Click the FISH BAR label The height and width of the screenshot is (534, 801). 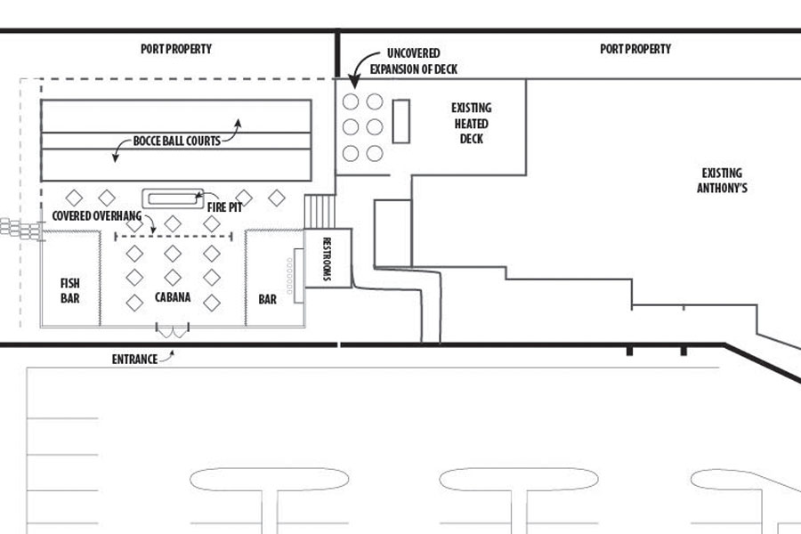click(70, 291)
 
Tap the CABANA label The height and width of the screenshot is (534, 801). click(173, 297)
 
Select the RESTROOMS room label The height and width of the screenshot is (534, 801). click(327, 259)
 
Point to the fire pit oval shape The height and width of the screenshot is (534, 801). click(169, 198)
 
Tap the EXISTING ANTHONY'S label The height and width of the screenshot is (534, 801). click(721, 181)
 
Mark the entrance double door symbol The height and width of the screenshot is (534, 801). click(173, 331)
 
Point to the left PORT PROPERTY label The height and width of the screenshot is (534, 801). click(176, 49)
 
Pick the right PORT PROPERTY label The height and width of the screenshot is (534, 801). click(635, 49)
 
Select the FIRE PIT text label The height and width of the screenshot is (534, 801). click(225, 206)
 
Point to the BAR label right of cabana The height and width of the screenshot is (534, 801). click(268, 300)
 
